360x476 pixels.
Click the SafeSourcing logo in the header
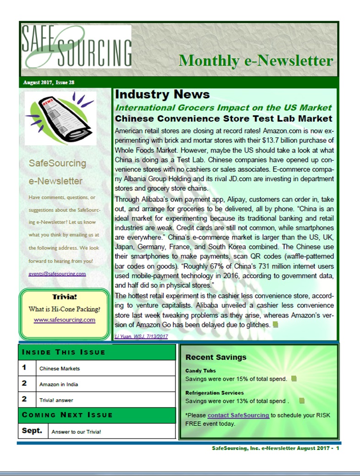pyautogui.click(x=76, y=46)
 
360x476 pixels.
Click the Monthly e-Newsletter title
pyautogui.click(x=256, y=60)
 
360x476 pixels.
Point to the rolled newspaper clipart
pyautogui.click(x=60, y=119)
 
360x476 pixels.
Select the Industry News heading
pyautogui.click(x=162, y=95)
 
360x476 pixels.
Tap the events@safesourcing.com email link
pyautogui.click(x=57, y=274)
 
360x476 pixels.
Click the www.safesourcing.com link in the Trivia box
pyautogui.click(x=65, y=319)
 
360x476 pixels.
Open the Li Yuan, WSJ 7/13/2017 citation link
pyautogui.click(x=141, y=336)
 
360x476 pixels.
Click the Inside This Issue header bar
pyautogui.click(x=97, y=352)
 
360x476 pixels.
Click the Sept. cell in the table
pyautogui.click(x=33, y=431)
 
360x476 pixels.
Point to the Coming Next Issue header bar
pyautogui.click(x=97, y=415)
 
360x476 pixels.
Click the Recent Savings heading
pyautogui.click(x=216, y=357)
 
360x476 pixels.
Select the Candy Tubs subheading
pyautogui.click(x=201, y=371)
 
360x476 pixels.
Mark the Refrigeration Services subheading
pyautogui.click(x=214, y=393)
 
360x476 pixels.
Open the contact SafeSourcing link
pyautogui.click(x=238, y=415)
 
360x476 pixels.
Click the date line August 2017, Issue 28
pyautogui.click(x=49, y=83)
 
